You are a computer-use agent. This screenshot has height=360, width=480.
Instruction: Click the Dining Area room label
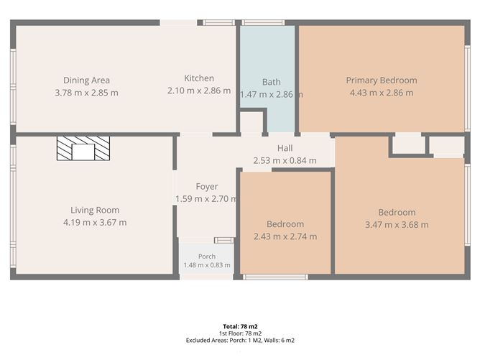point(86,80)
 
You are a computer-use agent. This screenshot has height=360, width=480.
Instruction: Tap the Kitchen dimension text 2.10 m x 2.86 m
point(199,91)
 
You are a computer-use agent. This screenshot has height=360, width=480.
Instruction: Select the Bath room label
point(271,82)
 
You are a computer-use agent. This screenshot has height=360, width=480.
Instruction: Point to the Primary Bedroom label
point(382,80)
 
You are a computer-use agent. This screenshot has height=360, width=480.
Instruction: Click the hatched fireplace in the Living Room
point(83,149)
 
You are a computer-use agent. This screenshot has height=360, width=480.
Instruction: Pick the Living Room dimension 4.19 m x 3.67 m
point(95,223)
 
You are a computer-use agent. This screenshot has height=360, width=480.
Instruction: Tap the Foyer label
point(207,187)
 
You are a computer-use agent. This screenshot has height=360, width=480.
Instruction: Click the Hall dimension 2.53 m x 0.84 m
point(285,160)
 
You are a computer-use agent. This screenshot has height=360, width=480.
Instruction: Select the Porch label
point(207,257)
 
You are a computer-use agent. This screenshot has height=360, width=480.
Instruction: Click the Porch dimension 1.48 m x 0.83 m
point(207,265)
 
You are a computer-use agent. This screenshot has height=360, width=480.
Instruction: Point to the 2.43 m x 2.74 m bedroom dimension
point(285,236)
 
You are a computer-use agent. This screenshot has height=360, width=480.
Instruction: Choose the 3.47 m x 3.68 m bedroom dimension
point(397,225)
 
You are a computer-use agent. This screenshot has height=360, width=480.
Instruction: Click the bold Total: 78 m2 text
point(240,326)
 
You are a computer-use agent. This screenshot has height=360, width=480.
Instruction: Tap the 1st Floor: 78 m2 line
point(240,333)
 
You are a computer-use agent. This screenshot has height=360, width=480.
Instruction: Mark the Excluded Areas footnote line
point(240,340)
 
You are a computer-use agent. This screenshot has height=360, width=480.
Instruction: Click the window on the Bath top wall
point(263,23)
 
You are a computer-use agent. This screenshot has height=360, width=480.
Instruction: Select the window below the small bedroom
point(275,277)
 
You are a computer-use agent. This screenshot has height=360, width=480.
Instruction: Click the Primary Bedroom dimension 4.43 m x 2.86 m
point(382,93)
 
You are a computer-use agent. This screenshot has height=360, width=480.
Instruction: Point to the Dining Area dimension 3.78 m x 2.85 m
point(86,93)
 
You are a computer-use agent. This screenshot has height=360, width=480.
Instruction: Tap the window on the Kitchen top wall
point(219,23)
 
